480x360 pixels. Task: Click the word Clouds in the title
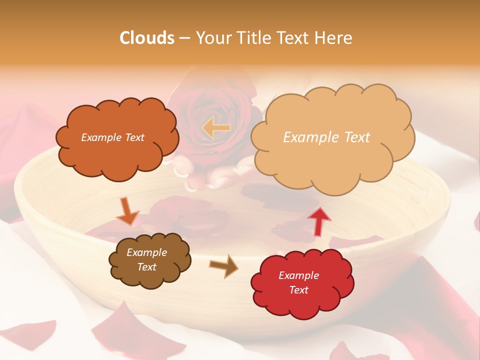click(147, 38)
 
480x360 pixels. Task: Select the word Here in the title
click(334, 38)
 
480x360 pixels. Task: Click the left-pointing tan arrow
click(216, 128)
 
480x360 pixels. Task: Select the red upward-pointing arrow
click(318, 221)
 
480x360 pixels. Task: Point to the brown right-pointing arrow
click(224, 266)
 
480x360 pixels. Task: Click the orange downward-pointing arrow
click(127, 211)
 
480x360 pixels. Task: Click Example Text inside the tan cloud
click(326, 137)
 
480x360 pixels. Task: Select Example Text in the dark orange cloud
click(112, 137)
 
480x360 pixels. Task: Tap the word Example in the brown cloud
click(146, 252)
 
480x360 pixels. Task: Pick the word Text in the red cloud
click(299, 290)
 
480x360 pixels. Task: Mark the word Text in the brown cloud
click(146, 267)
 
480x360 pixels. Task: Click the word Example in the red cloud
click(298, 275)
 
